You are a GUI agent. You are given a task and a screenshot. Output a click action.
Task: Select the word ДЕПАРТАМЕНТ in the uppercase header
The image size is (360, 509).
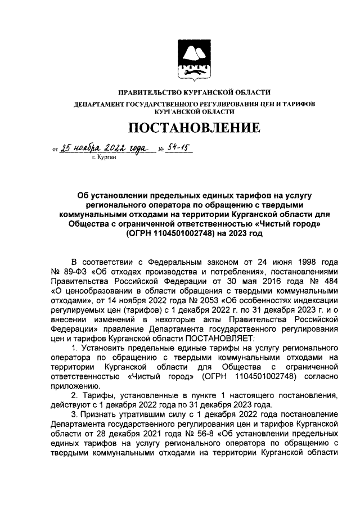click(100, 104)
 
